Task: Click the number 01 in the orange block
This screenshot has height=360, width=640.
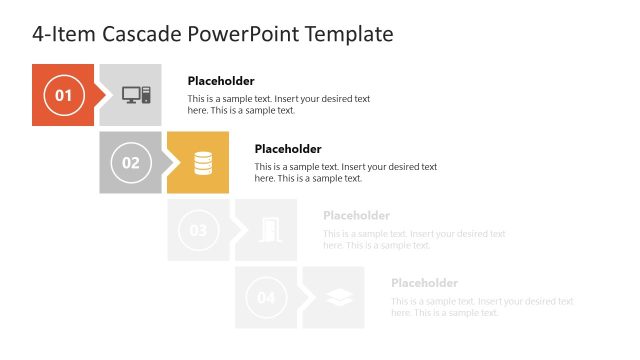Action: [63, 96]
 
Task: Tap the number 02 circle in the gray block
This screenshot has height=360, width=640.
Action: [131, 162]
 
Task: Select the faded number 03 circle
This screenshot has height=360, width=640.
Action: [198, 230]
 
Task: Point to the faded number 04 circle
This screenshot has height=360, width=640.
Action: [266, 297]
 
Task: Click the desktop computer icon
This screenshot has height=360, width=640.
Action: [136, 95]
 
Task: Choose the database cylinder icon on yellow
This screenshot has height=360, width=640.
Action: [203, 162]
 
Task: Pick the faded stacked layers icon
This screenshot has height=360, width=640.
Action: [338, 297]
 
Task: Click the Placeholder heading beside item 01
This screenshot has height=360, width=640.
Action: [221, 81]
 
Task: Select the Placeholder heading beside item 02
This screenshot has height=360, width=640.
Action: [288, 149]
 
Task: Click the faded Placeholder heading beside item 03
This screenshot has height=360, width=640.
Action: [356, 216]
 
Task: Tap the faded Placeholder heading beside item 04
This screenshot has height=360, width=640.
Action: [424, 283]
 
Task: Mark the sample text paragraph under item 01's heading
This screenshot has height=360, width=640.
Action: [279, 105]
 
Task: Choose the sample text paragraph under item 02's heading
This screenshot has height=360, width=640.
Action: [346, 172]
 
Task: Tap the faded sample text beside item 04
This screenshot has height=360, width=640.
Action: [482, 307]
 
